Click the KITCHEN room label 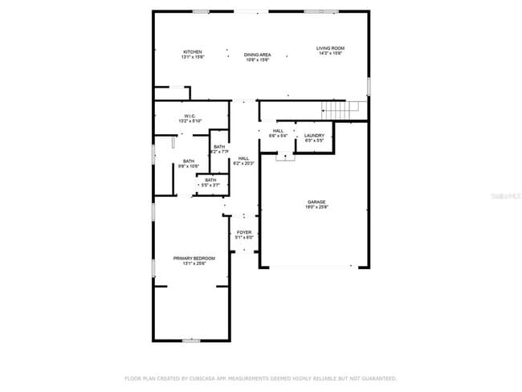tap(192, 51)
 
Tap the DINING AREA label tap(257, 55)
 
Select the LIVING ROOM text tap(329, 48)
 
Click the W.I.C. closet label tap(190, 116)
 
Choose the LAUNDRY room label tap(314, 135)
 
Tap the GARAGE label tap(316, 202)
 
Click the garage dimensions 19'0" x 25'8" tap(316, 207)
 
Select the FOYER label tap(243, 232)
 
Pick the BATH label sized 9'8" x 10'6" tap(188, 161)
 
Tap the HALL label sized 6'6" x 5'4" tap(278, 131)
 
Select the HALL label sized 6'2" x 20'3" tap(243, 158)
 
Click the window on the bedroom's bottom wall tap(190, 341)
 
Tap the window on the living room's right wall tap(369, 84)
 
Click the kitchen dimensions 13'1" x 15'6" tap(192, 57)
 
